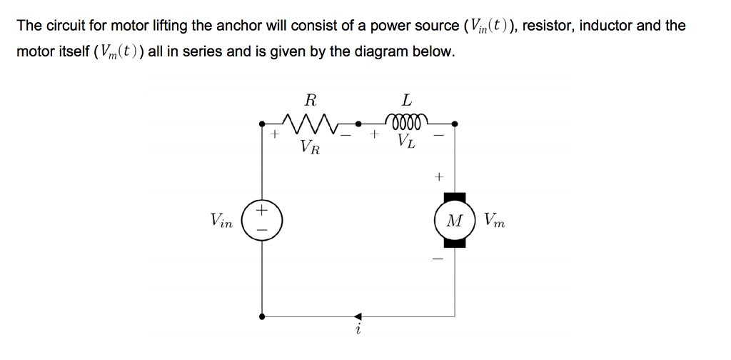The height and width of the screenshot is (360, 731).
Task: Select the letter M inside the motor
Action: tap(453, 221)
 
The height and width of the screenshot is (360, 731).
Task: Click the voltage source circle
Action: tap(263, 219)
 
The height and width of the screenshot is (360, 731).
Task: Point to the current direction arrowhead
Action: tap(358, 316)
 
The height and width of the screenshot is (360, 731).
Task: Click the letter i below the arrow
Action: tap(358, 331)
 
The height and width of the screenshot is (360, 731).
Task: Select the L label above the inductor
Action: tap(407, 99)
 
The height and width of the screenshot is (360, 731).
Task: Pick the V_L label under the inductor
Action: tap(406, 141)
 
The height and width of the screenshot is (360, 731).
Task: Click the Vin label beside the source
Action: tap(221, 221)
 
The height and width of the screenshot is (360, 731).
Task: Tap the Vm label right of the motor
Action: tap(494, 221)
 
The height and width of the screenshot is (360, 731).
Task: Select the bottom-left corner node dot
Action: tap(263, 316)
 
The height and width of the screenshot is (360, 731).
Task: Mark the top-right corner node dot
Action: tap(455, 124)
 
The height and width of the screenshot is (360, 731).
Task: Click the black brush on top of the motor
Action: tap(454, 196)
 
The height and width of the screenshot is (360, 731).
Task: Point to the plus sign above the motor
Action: tap(439, 174)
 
